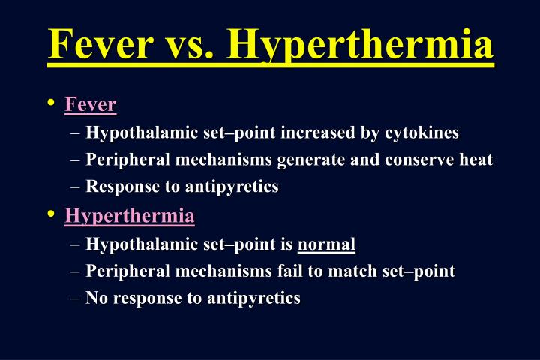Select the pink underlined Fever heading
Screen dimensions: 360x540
(x=91, y=104)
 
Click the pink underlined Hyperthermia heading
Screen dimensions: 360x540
(x=130, y=217)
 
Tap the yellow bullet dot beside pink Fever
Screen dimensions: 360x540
(x=50, y=103)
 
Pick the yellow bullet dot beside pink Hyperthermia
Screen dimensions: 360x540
(x=50, y=215)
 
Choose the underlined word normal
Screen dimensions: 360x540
(x=326, y=244)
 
